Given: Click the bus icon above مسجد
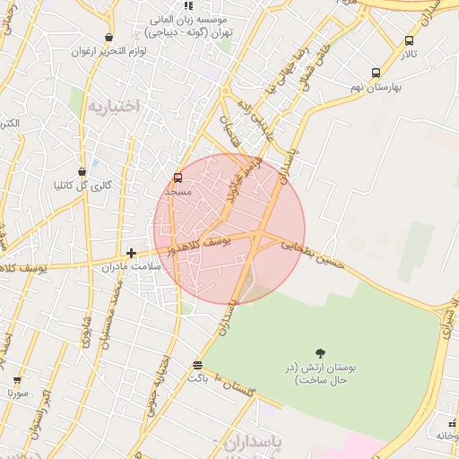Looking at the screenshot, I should pyautogui.click(x=178, y=178).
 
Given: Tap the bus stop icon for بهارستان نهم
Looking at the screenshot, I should pyautogui.click(x=375, y=74).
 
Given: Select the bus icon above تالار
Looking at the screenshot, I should pyautogui.click(x=410, y=40).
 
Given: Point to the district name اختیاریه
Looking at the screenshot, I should pyautogui.click(x=113, y=106).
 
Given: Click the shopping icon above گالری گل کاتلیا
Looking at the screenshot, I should pyautogui.click(x=82, y=171).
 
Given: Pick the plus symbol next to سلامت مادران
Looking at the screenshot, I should pyautogui.click(x=132, y=254).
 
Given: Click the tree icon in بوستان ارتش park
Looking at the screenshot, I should pyautogui.click(x=320, y=353).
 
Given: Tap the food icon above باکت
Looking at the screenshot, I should pyautogui.click(x=197, y=365).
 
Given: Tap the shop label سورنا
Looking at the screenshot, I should pyautogui.click(x=18, y=393).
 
